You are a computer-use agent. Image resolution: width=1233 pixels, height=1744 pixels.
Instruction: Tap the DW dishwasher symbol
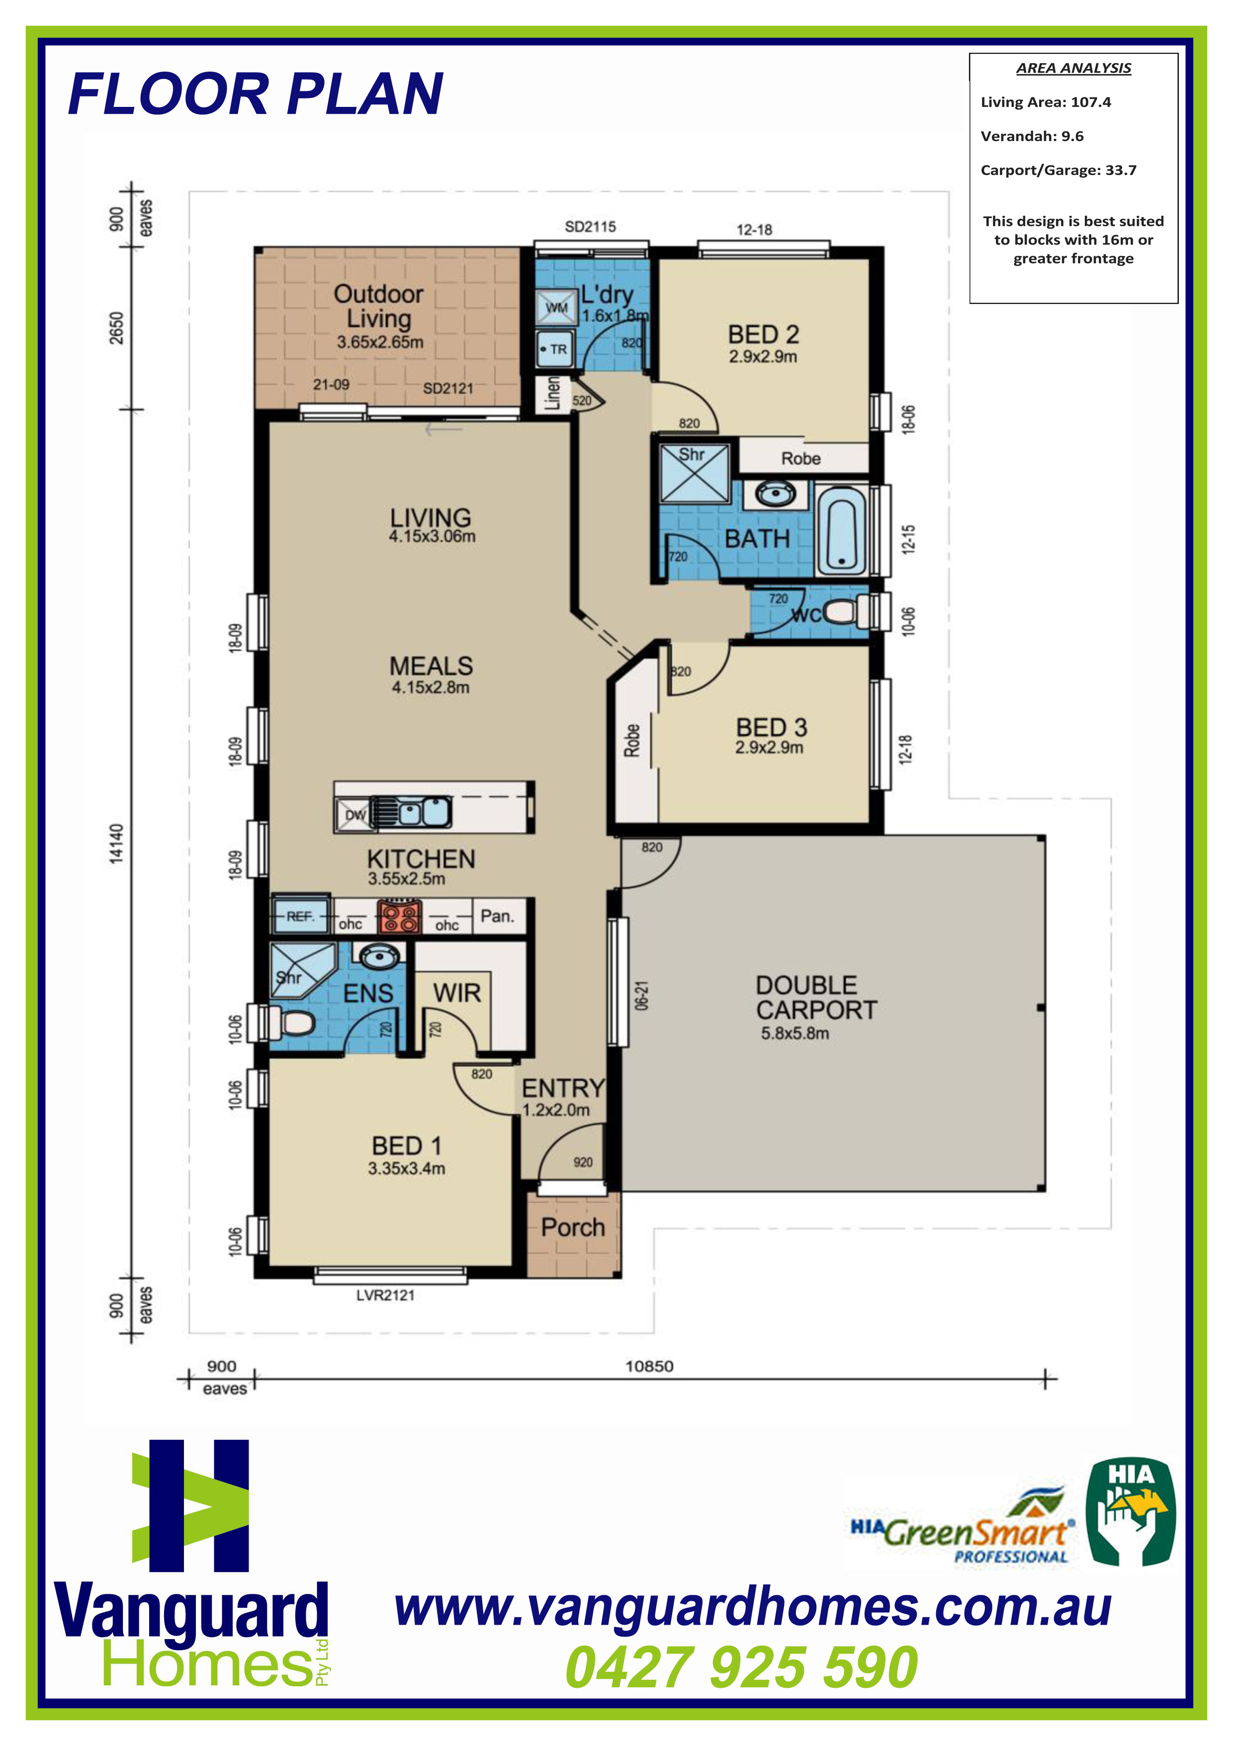click(353, 815)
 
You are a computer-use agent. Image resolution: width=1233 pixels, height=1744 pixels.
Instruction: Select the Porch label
click(573, 1227)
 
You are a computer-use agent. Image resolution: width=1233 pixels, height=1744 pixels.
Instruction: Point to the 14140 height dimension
click(116, 843)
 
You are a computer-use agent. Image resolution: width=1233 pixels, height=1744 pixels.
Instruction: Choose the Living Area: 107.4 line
click(1046, 102)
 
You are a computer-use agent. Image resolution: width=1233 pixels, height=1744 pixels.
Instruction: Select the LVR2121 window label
click(385, 1295)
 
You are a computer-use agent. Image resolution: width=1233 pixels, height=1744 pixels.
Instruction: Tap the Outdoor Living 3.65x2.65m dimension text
click(380, 342)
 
